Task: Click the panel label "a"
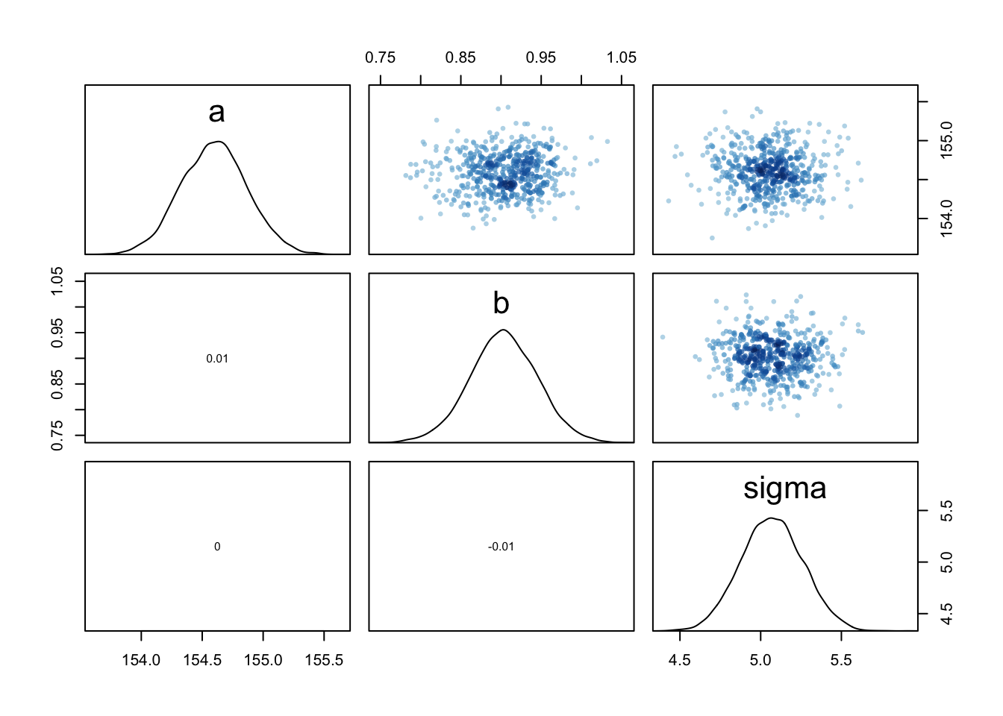coord(216,113)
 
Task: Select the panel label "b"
coord(501,304)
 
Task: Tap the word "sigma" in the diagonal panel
coord(784,489)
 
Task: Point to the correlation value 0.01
coord(217,359)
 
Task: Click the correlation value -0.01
coord(501,547)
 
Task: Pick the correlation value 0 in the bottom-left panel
coord(217,547)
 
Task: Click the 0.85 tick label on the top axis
coord(460,58)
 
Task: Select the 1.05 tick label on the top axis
coord(621,58)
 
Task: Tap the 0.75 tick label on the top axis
coord(380,58)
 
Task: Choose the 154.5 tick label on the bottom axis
coord(202,661)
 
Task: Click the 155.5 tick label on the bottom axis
coord(324,661)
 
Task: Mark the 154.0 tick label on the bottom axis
coord(141,661)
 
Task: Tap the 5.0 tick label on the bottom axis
coord(760,661)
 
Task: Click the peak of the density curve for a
coord(218,141)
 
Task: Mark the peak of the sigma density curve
coord(771,518)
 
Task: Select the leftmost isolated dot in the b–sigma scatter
coord(662,337)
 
